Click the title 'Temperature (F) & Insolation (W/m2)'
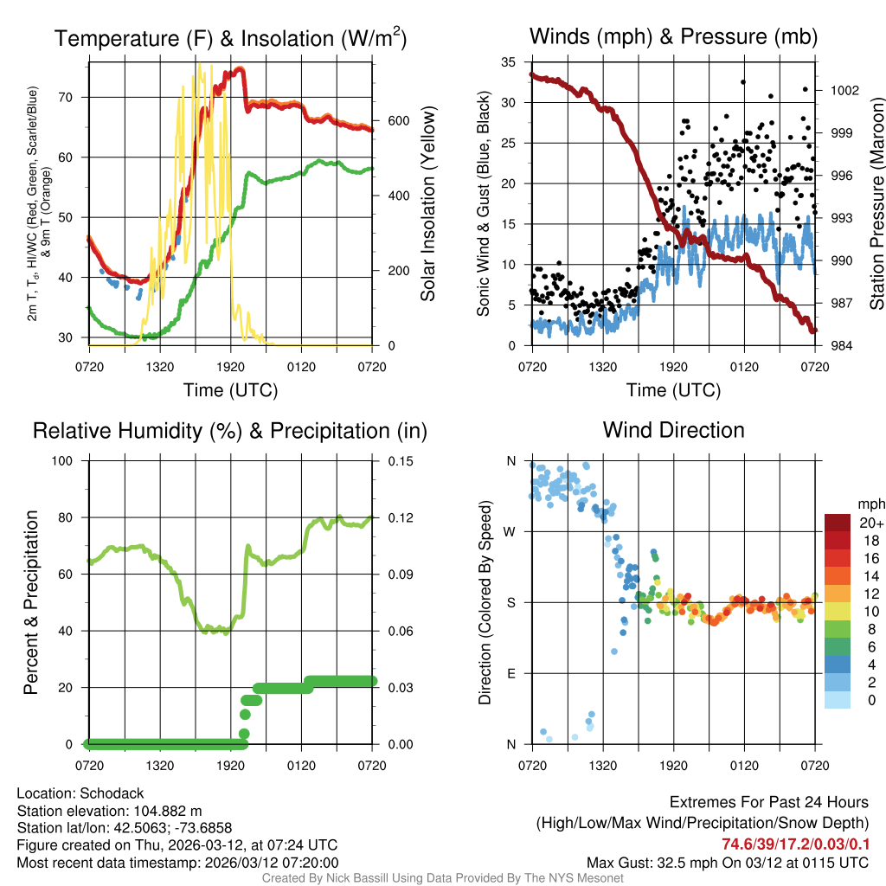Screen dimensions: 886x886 230,38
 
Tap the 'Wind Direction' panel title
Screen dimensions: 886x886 673,430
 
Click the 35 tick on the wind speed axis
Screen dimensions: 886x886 510,62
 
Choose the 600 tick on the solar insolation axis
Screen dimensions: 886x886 397,120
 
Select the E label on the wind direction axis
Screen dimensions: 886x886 510,673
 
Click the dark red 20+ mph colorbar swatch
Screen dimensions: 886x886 838,522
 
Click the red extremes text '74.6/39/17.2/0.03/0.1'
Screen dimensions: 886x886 795,844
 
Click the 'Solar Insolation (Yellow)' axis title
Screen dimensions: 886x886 427,204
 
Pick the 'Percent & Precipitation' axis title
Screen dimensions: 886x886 31,602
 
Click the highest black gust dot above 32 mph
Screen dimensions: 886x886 742,82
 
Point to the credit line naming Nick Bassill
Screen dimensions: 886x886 443,877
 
